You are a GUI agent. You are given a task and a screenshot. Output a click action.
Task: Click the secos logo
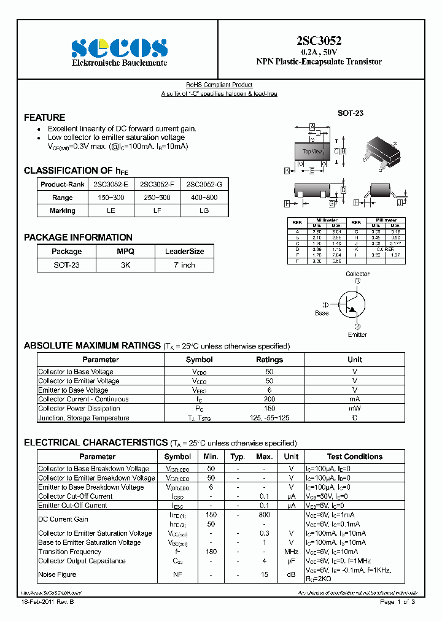click(x=119, y=47)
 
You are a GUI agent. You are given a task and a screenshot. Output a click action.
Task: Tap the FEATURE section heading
click(x=44, y=117)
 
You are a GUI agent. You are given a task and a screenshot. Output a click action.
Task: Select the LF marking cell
click(x=157, y=210)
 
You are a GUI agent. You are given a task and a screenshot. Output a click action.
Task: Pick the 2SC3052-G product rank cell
click(x=204, y=184)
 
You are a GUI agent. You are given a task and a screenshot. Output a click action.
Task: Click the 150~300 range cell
click(x=110, y=198)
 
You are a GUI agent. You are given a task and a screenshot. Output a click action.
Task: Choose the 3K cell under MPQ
click(x=125, y=265)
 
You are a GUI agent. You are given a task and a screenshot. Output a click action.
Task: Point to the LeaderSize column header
click(x=184, y=252)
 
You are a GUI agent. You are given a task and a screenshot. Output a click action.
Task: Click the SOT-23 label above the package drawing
click(x=351, y=114)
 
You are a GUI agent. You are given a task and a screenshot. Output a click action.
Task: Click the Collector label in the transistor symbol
click(x=357, y=274)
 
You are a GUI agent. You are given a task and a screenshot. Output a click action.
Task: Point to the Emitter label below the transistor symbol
click(x=357, y=334)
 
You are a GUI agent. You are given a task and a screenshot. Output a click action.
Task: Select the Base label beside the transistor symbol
click(x=322, y=313)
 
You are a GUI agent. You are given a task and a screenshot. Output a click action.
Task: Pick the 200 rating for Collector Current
click(x=269, y=399)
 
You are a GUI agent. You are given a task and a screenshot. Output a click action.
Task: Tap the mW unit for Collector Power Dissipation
click(x=355, y=408)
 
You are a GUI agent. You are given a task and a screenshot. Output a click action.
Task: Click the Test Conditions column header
click(x=354, y=457)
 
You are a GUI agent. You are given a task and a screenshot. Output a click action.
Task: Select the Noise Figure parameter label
click(x=57, y=574)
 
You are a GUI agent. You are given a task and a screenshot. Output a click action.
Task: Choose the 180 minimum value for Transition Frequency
click(x=211, y=552)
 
